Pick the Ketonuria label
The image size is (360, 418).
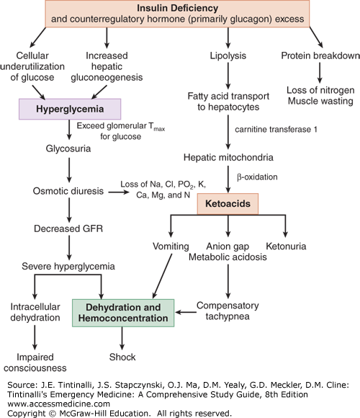point(287,246)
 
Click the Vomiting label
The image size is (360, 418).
point(171,246)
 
